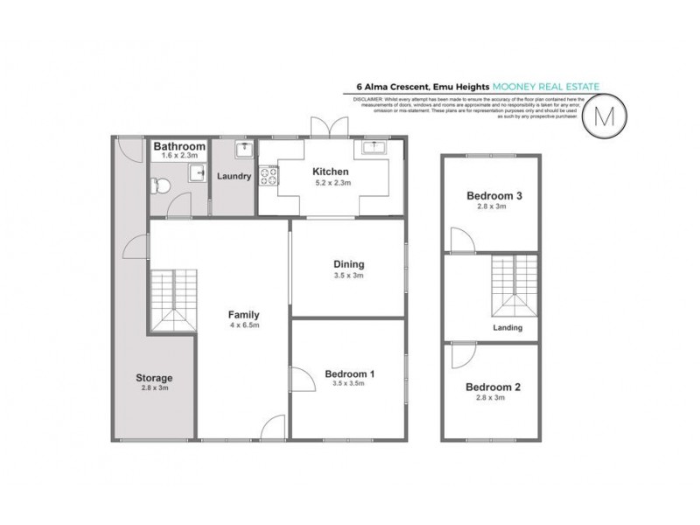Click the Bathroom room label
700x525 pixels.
point(179,146)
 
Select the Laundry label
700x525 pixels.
point(234,176)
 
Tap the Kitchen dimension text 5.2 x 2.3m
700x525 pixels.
point(332,183)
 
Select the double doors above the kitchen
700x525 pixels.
point(325,126)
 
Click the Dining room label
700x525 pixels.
point(348,263)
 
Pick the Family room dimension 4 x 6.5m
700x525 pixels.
point(243,325)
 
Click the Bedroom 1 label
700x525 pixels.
point(348,374)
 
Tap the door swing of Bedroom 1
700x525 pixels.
point(301,380)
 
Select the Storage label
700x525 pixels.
point(153,378)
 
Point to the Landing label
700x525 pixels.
point(507,328)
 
